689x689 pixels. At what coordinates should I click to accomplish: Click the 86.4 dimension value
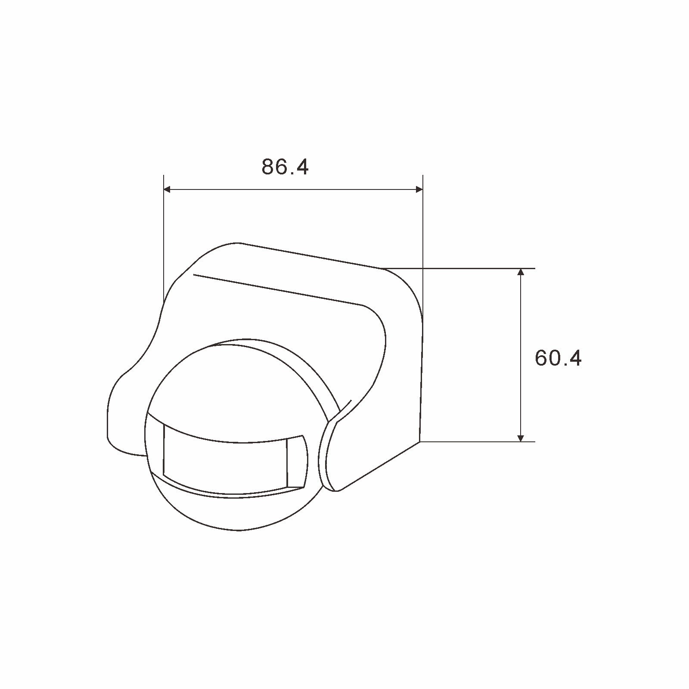point(285,167)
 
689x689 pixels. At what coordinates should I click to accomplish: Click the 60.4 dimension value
point(558,358)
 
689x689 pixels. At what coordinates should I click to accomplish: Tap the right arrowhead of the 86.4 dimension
point(419,189)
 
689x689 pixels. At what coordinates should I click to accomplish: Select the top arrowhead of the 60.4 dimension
point(521,273)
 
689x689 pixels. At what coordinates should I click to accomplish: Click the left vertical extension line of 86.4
point(164,237)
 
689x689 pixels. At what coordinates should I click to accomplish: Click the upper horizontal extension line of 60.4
point(474,268)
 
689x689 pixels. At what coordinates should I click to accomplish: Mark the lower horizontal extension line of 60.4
point(474,441)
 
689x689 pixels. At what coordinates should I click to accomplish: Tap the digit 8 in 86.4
point(268,167)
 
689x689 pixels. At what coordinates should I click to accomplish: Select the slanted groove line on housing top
point(276,289)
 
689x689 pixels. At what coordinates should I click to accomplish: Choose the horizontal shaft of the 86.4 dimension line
point(293,189)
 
